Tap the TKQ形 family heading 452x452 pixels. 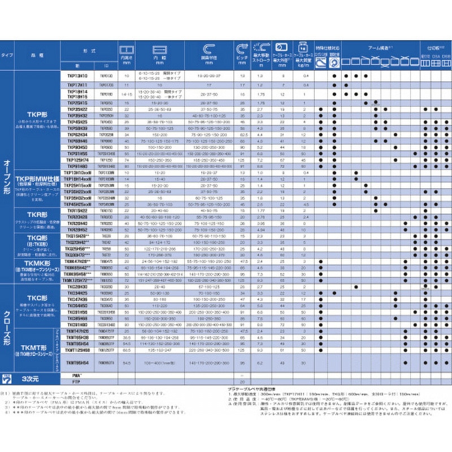coord(35,238)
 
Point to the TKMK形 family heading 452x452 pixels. coord(35,263)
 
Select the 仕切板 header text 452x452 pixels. coord(433,50)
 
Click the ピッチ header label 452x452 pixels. coord(242,56)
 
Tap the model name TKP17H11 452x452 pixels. coord(77,84)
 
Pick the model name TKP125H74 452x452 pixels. coord(77,160)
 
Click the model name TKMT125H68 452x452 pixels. coord(77,350)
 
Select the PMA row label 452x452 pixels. coord(77,375)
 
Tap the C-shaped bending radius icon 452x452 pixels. coord(210,47)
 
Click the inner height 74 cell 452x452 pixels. coord(127,160)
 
